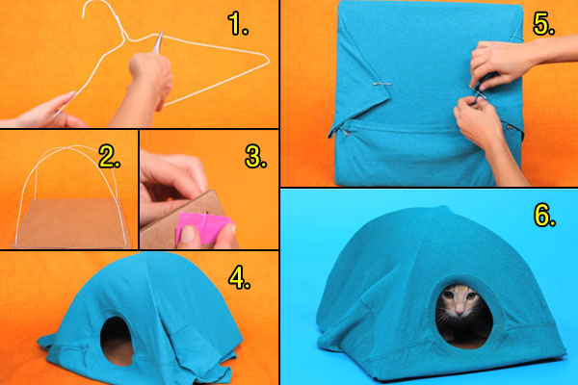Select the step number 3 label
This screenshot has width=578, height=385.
(x=254, y=158)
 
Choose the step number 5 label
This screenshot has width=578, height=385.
(x=543, y=25)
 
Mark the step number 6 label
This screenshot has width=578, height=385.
(x=544, y=216)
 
